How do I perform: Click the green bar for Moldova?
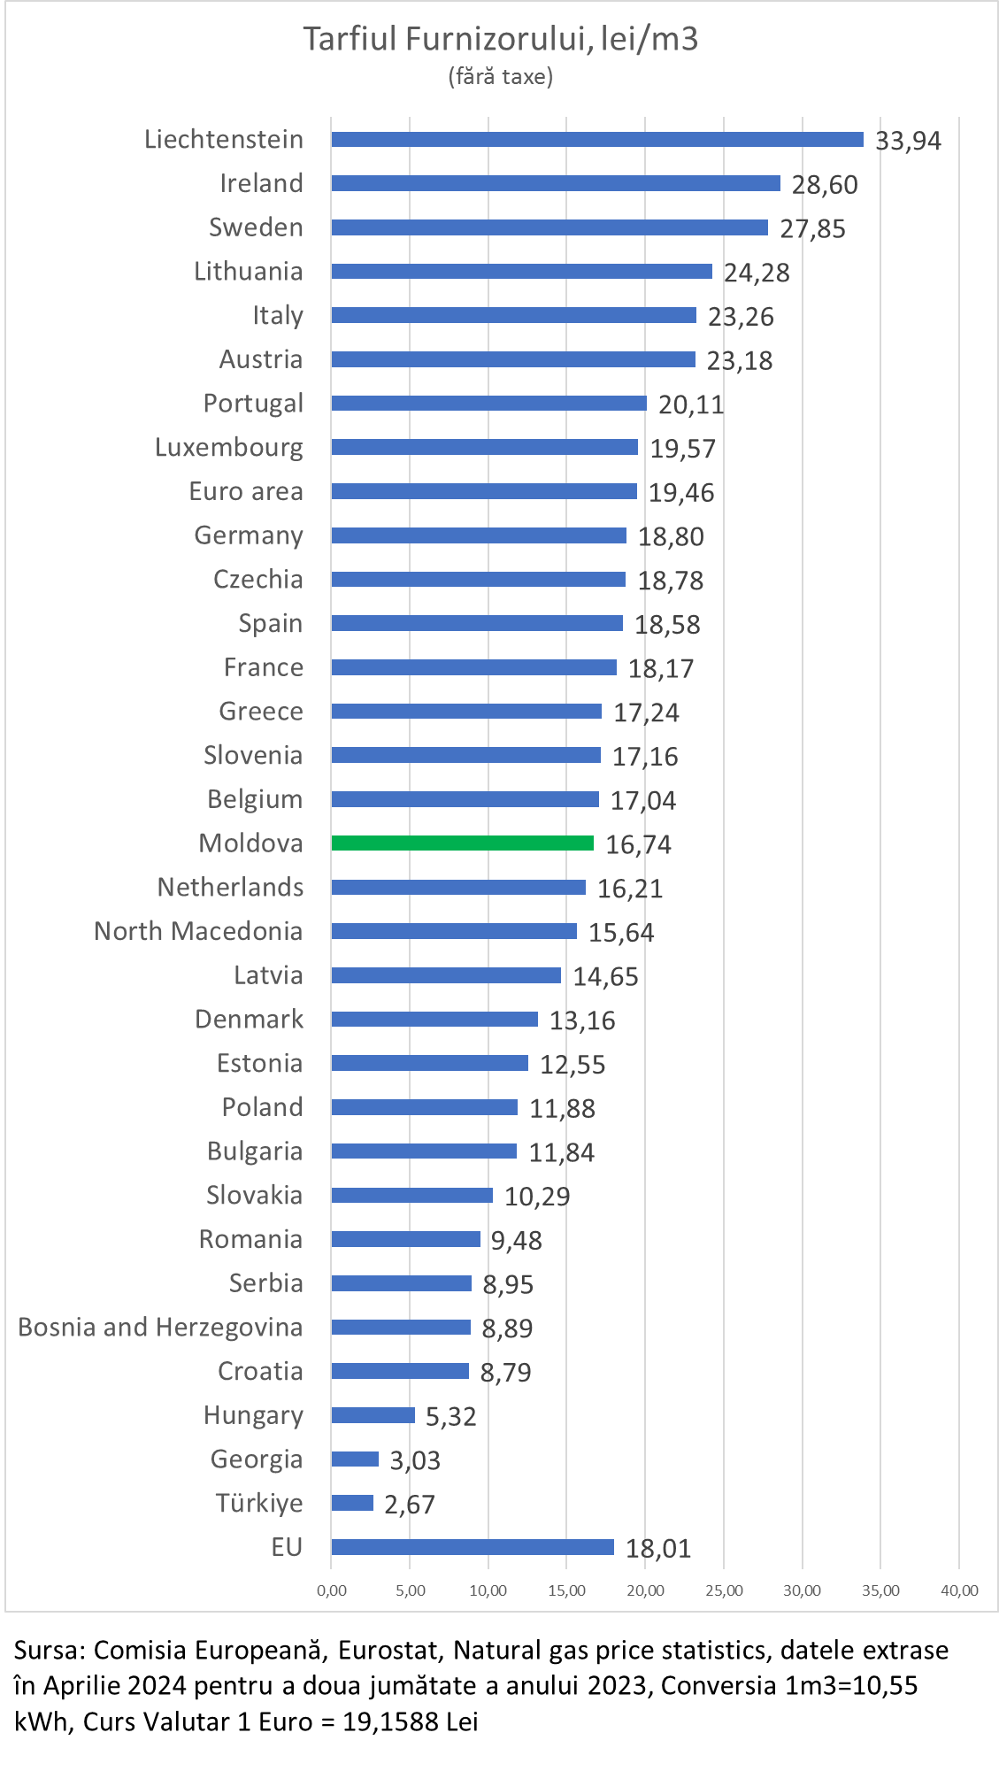coord(462,843)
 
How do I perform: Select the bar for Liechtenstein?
coord(597,140)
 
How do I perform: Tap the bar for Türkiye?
coord(352,1503)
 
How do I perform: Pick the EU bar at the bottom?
coord(473,1547)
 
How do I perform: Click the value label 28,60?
coord(825,185)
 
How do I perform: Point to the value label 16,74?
coord(638,845)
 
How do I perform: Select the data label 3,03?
coord(415,1460)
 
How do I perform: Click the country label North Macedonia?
coord(198,931)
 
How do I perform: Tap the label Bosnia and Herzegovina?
coord(160,1328)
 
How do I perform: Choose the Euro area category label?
coord(246,491)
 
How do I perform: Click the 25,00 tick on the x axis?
coord(724,1591)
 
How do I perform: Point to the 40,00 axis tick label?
coord(959,1591)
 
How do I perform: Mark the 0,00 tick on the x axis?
coord(332,1591)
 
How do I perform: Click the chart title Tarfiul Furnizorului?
coord(501,40)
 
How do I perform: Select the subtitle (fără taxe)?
coord(501,77)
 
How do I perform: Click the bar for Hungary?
coord(373,1415)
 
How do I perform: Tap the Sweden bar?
coord(549,227)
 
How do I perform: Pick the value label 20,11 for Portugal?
coord(691,405)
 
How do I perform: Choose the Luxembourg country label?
coord(228,448)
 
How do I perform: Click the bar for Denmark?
coord(434,1020)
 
